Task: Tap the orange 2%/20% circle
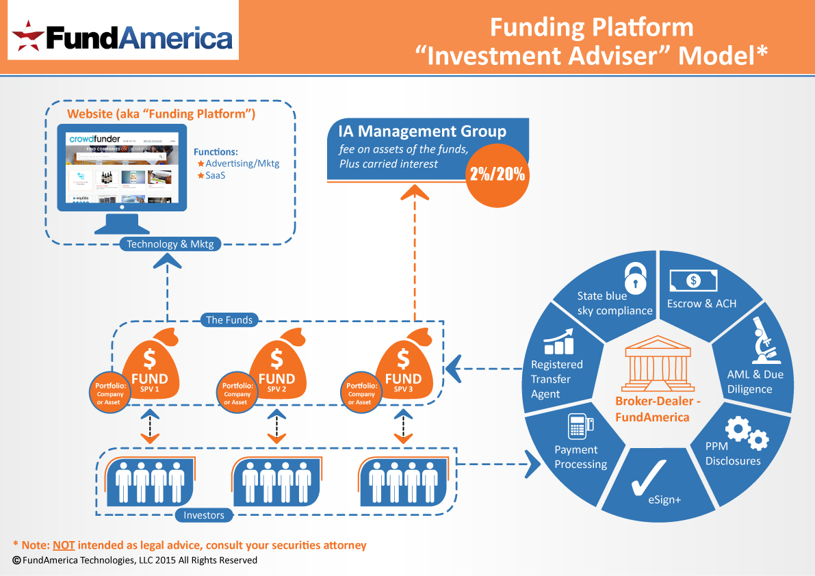[x=497, y=174]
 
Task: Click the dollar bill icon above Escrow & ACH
[x=693, y=280]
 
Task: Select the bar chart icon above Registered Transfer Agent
[x=558, y=340]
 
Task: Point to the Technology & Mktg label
[x=170, y=244]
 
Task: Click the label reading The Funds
[x=229, y=319]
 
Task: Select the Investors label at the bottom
[x=204, y=514]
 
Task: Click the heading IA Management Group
[x=422, y=131]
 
